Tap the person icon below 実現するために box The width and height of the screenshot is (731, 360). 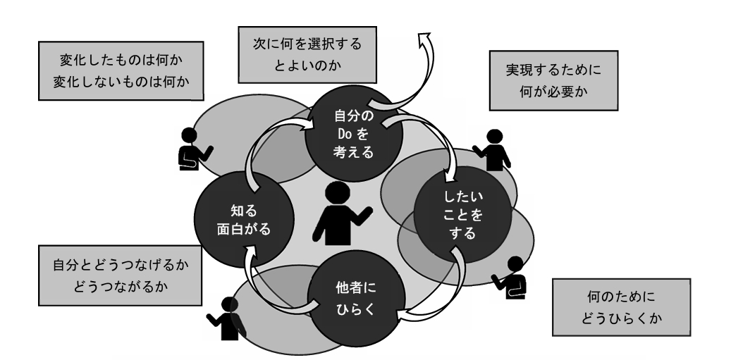[496, 149]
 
